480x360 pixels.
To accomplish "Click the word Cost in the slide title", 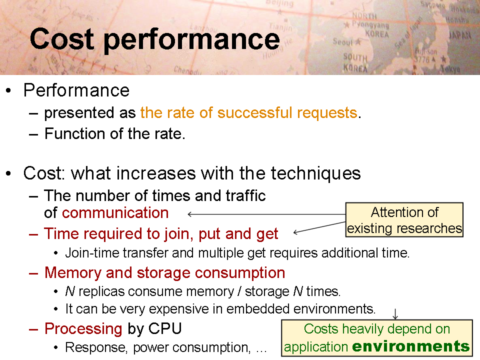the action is point(62,38).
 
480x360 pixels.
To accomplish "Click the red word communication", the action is point(115,212).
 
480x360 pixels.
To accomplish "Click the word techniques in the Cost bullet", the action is point(315,173).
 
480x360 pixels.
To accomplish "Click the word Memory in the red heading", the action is point(73,273).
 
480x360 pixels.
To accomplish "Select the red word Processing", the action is point(83,329).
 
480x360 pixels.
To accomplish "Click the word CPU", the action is point(165,328).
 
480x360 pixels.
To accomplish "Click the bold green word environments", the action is point(411,346).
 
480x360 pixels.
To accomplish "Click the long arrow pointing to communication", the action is point(266,214).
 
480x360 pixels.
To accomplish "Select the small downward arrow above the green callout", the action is point(395,314).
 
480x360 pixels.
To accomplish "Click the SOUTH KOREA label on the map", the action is point(355,62).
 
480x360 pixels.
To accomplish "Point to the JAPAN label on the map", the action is point(460,35).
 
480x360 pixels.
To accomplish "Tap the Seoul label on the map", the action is point(343,41).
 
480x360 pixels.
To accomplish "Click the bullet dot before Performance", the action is point(8,90).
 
